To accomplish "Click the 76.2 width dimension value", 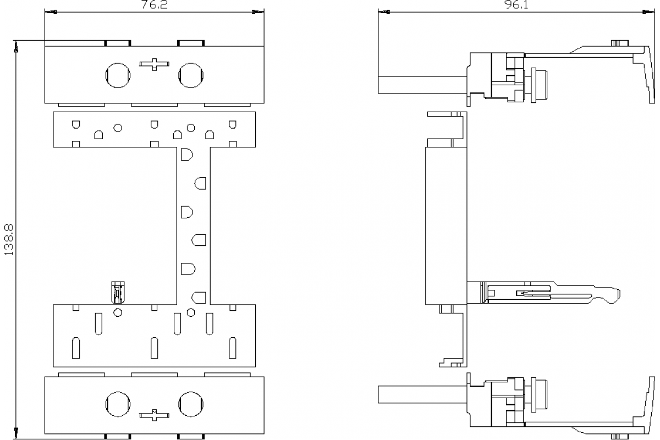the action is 155,5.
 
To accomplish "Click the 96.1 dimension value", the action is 517,5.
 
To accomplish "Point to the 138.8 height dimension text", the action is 9,240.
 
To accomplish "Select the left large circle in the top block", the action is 118,75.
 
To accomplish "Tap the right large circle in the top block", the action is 191,75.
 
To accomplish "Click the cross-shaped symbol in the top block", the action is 154,64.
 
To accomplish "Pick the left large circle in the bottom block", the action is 118,404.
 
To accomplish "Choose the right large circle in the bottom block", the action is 191,404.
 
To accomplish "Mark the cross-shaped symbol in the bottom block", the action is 154,415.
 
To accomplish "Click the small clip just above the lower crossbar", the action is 118,293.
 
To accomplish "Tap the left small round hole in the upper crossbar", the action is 118,128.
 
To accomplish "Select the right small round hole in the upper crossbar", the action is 191,128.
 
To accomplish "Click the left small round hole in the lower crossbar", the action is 118,312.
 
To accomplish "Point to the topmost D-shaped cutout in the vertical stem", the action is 187,155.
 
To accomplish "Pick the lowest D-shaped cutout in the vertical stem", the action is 199,298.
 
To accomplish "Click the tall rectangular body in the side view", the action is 446,226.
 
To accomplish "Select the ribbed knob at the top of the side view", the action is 620,43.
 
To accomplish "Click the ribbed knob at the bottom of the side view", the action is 620,437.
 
